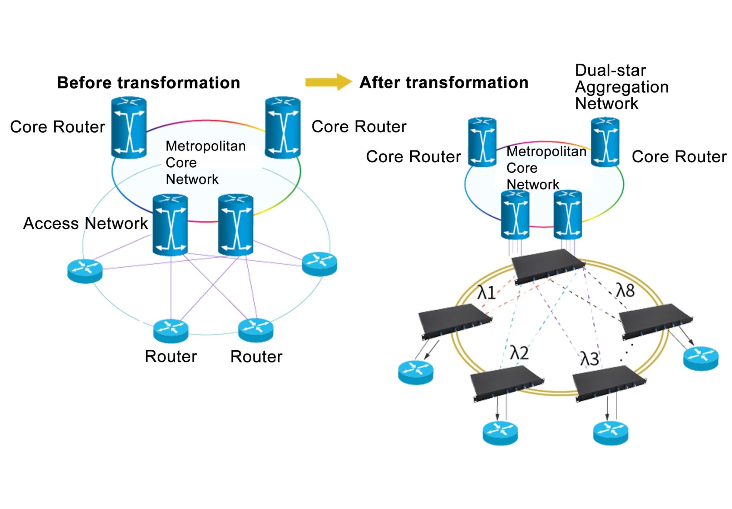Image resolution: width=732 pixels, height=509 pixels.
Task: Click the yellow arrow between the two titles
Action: pyautogui.click(x=328, y=82)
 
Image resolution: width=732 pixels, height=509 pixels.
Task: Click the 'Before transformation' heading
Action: pyautogui.click(x=148, y=83)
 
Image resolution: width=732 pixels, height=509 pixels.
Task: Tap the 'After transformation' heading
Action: pyautogui.click(x=444, y=83)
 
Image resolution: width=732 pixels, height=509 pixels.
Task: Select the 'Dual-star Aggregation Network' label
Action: pyautogui.click(x=621, y=87)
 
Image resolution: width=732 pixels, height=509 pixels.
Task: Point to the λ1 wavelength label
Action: pyautogui.click(x=486, y=292)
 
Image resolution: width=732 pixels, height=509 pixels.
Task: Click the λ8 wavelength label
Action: pyautogui.click(x=625, y=290)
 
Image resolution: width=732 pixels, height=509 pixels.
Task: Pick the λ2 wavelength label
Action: pyautogui.click(x=519, y=353)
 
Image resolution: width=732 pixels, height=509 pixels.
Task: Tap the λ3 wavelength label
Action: pyautogui.click(x=589, y=359)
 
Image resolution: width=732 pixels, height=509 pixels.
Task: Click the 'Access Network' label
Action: pyautogui.click(x=85, y=223)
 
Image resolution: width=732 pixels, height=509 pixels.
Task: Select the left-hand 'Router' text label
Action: pyautogui.click(x=171, y=356)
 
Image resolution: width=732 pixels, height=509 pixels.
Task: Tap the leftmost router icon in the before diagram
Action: pyautogui.click(x=85, y=271)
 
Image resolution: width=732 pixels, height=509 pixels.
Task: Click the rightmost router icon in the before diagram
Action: pyautogui.click(x=319, y=264)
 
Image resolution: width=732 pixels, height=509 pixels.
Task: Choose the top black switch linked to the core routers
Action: pyautogui.click(x=548, y=266)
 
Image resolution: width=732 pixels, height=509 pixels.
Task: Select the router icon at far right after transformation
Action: pyautogui.click(x=701, y=358)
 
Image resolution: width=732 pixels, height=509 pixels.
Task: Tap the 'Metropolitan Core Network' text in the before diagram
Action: pyautogui.click(x=206, y=163)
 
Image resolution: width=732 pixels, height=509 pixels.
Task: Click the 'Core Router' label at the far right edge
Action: pyautogui.click(x=679, y=157)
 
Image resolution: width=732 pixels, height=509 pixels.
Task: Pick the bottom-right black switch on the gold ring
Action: pyautogui.click(x=609, y=383)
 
